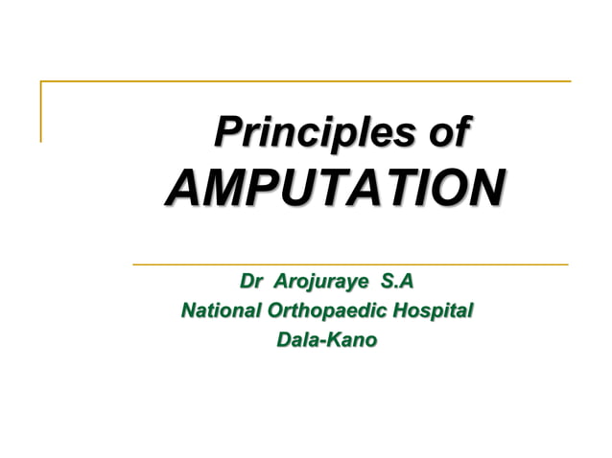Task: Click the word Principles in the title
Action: [x=316, y=131]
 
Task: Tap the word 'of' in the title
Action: [x=449, y=131]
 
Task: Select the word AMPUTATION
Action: [x=335, y=187]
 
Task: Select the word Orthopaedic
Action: [x=327, y=311]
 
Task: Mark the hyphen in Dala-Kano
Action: [x=324, y=341]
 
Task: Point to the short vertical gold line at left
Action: [x=41, y=111]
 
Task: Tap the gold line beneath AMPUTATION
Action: [x=349, y=263]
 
